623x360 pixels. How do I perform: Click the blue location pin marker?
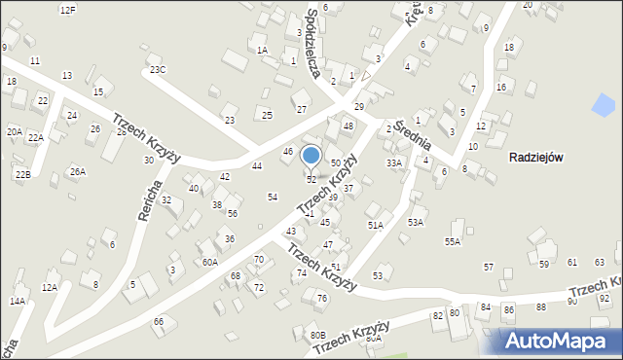pos(311,157)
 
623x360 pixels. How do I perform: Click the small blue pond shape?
pos(604,103)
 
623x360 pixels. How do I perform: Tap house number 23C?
pos(157,69)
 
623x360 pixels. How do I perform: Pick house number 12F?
pos(67,9)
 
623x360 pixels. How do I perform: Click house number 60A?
pos(210,262)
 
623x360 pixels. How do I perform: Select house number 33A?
pos(393,163)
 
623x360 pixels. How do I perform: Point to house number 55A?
pos(453,241)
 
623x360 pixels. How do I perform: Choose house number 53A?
pos(416,222)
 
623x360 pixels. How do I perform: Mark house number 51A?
pos(375,225)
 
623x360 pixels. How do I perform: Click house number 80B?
pos(318,335)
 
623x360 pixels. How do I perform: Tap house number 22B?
pos(22,174)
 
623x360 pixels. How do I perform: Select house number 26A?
pos(78,172)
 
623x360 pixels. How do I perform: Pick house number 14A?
pos(18,302)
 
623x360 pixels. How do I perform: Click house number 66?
pos(158,321)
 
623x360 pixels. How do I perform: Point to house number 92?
pos(605,298)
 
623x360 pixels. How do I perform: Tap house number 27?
pos(302,109)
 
